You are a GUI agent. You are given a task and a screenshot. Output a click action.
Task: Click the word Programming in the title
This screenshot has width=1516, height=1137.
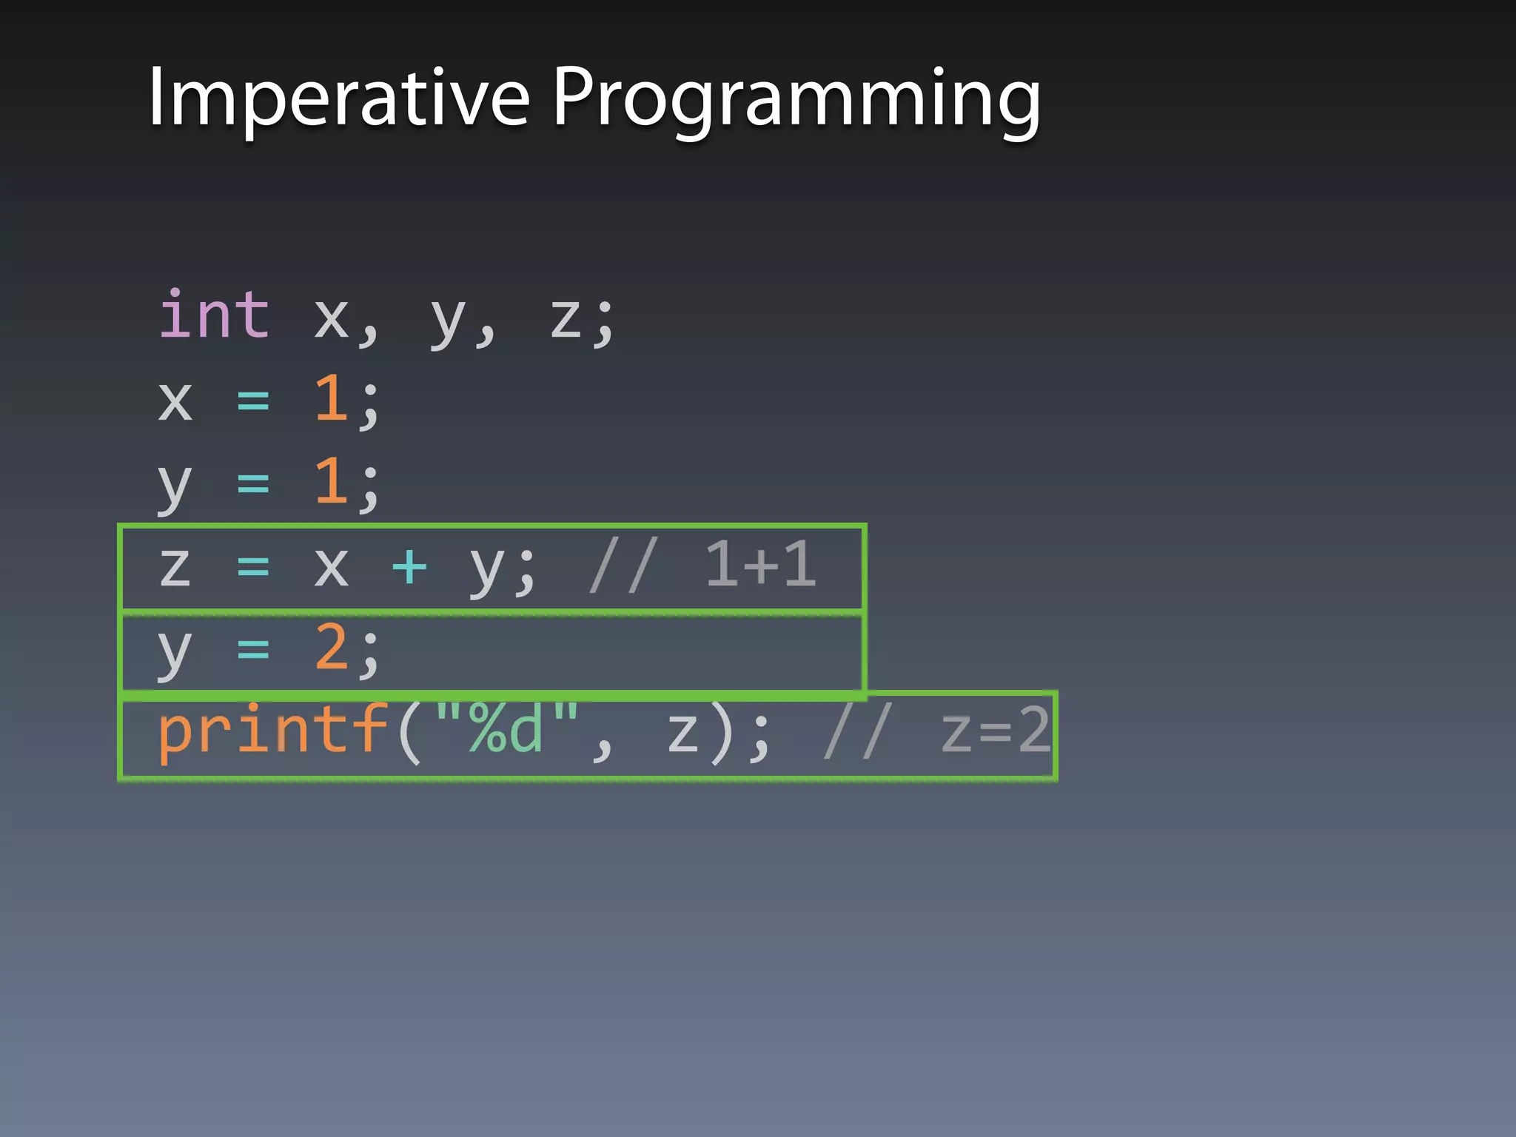pos(796,100)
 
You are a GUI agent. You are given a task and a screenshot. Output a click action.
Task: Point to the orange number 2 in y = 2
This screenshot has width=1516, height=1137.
pos(331,647)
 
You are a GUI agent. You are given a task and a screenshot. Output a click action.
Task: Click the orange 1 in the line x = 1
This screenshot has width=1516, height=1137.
pos(331,398)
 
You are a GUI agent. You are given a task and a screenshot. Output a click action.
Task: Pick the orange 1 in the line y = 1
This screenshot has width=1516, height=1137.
pos(331,481)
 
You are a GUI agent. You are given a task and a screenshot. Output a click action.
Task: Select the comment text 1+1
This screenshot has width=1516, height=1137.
pos(760,565)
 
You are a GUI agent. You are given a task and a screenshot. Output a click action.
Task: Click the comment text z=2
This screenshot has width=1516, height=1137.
pos(995,731)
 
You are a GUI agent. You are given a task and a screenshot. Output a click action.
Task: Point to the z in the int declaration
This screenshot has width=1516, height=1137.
pos(566,318)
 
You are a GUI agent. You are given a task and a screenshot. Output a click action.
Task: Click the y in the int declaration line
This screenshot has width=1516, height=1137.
pos(448,321)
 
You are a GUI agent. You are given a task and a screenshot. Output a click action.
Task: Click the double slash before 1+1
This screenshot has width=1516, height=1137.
pos(623,566)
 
